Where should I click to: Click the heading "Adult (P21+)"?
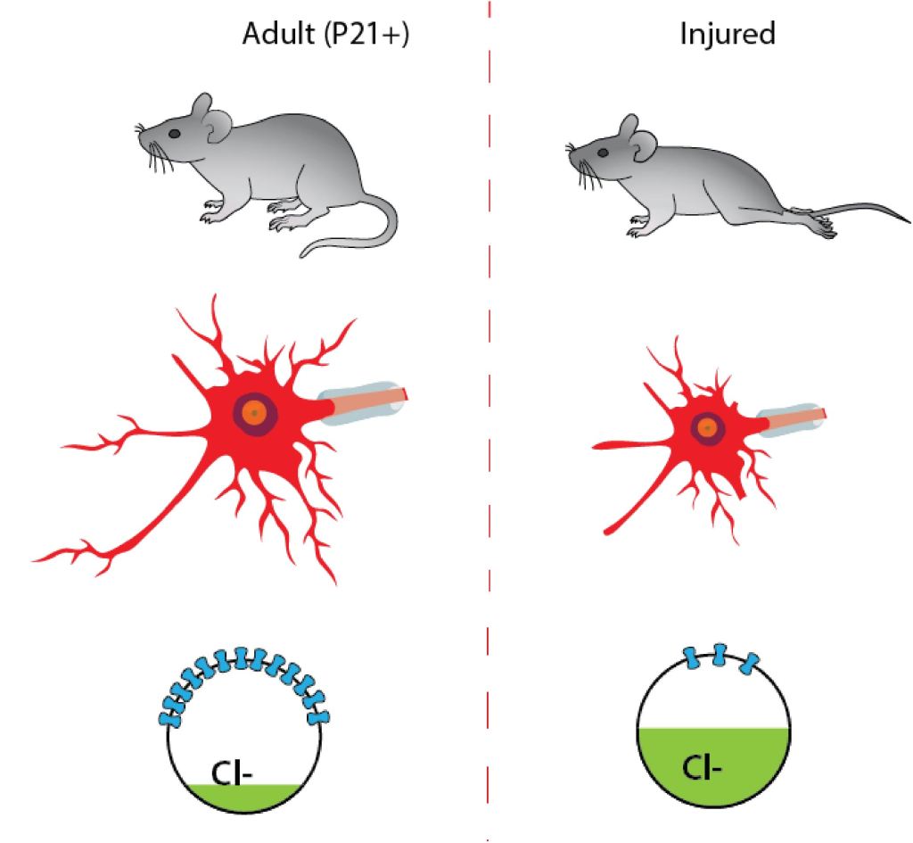325,35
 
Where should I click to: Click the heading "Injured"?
727,34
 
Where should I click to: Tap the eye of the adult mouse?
175,133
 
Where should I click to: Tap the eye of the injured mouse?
604,153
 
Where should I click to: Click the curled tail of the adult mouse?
357,241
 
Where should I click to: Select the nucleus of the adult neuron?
254,414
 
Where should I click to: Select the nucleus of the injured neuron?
708,428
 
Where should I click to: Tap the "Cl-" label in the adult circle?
234,769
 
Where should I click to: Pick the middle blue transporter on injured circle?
720,653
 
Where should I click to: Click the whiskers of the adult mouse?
153,153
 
